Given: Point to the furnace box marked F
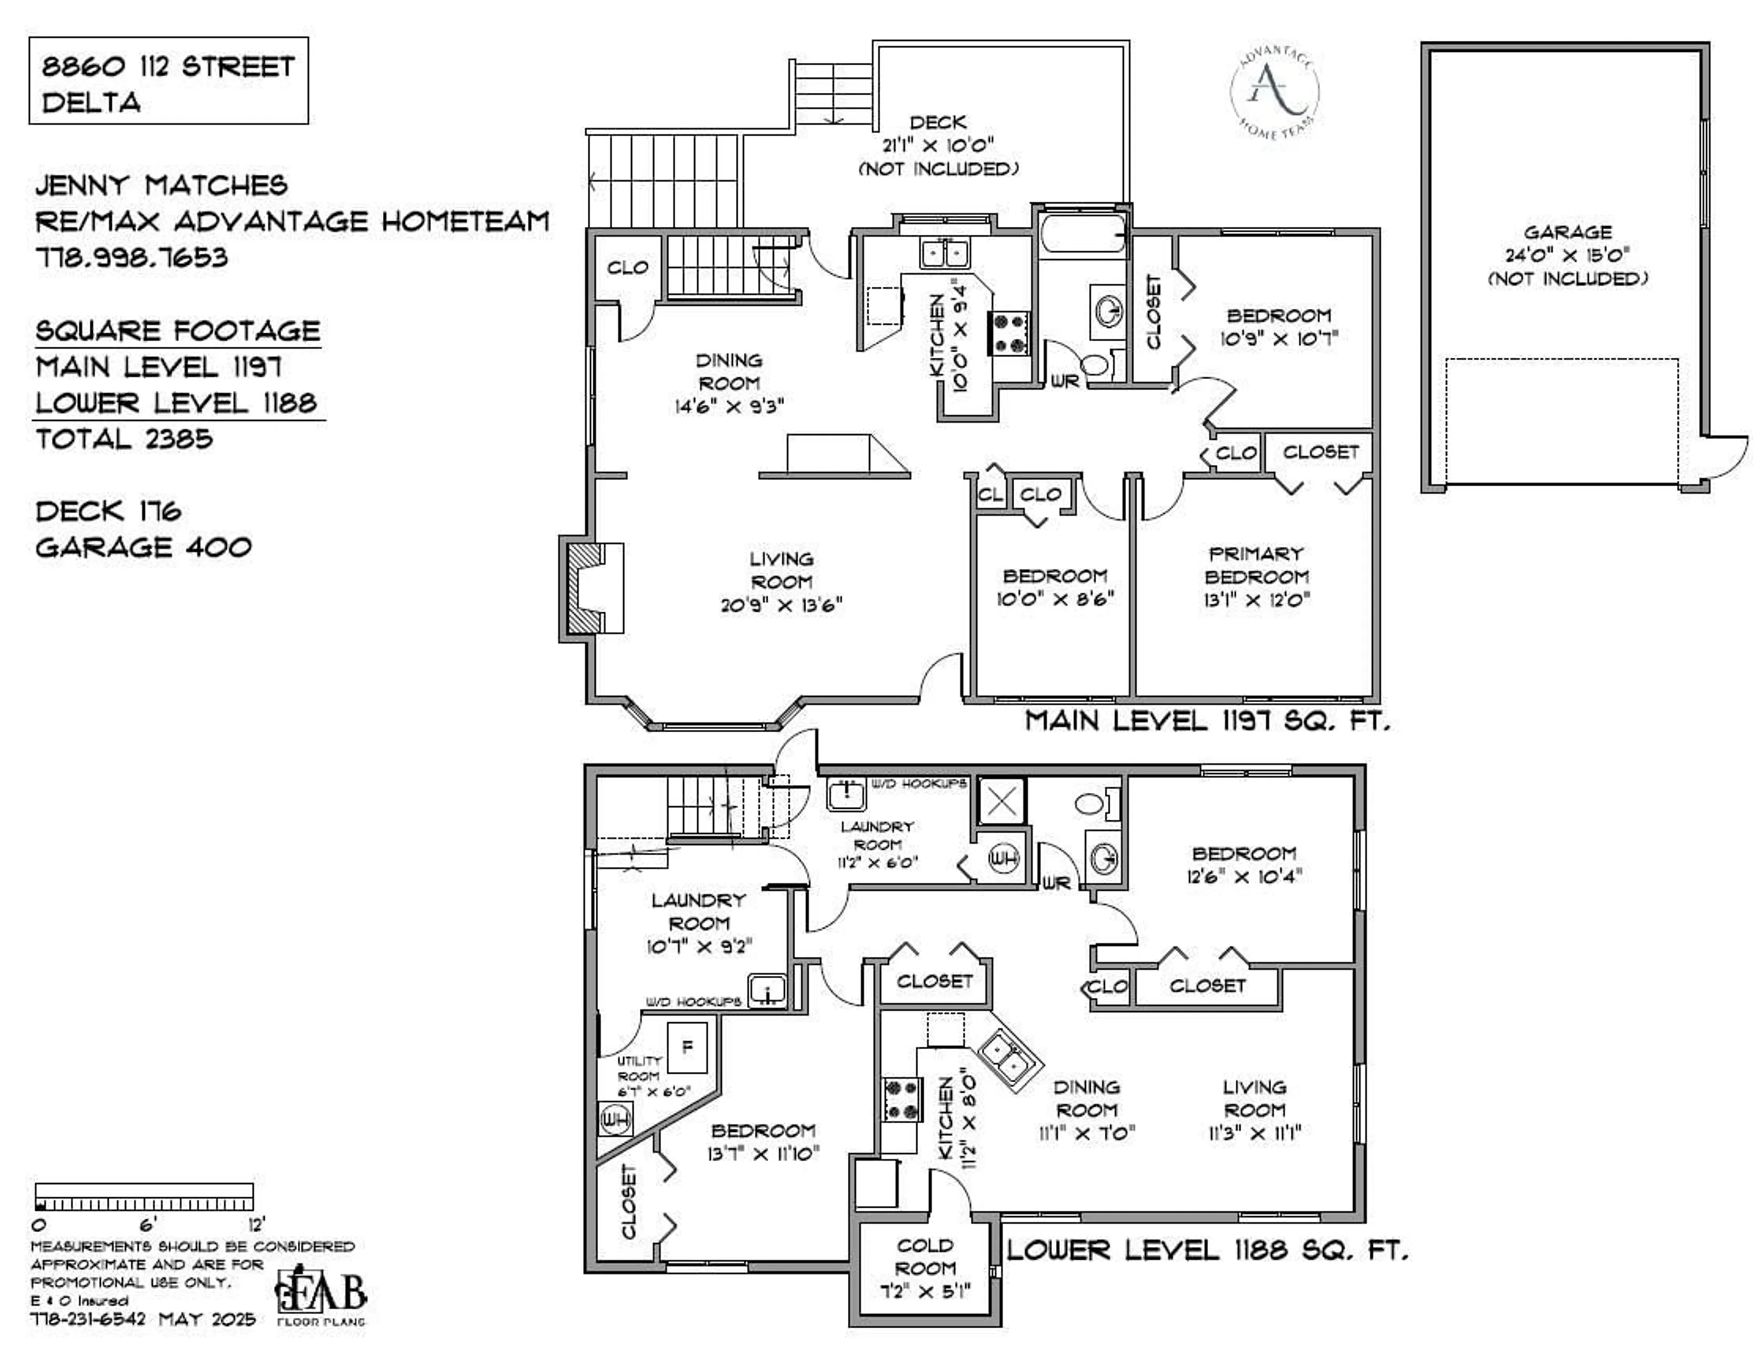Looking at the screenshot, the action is (x=687, y=1047).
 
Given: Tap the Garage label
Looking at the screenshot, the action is (x=1568, y=232).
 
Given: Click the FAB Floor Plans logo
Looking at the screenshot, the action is (x=321, y=1297).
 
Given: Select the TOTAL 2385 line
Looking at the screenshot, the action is (x=125, y=439).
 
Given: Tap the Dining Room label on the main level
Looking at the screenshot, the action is (x=728, y=371).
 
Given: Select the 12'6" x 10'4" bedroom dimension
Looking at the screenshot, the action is (x=1244, y=876).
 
